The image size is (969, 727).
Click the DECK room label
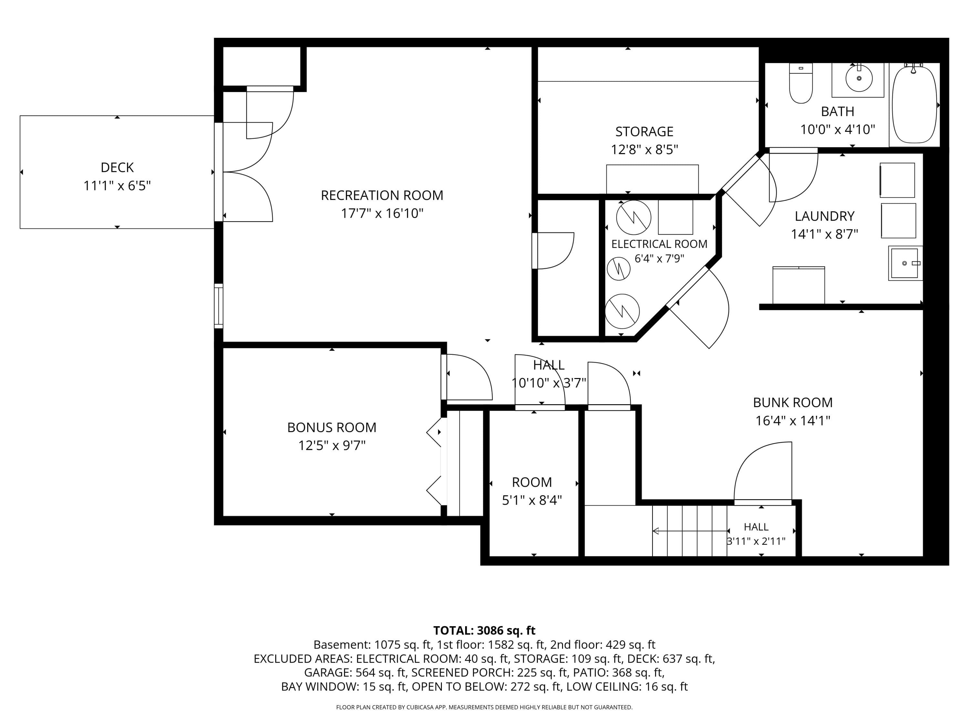pos(117,167)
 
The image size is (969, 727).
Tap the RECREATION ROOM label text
pos(382,195)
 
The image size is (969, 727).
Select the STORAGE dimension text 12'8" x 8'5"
pos(644,150)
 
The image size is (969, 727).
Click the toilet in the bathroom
pos(801,83)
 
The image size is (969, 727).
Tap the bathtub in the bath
pos(914,105)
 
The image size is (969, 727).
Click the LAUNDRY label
pos(824,216)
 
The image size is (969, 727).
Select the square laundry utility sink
pos(905,263)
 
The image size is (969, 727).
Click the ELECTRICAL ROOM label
pos(659,244)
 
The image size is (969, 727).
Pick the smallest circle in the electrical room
pos(619,269)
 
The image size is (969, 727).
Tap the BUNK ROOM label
pos(793,403)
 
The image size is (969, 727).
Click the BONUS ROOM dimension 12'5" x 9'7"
pos(332,446)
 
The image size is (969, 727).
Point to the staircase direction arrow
pos(690,531)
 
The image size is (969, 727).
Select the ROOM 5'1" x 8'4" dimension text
pos(532,500)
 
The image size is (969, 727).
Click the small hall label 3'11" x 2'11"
pos(756,541)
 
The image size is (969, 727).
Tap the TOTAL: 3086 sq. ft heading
pos(484,631)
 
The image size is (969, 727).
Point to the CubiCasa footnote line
pos(484,707)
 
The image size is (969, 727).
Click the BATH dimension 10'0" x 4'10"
pos(838,130)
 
